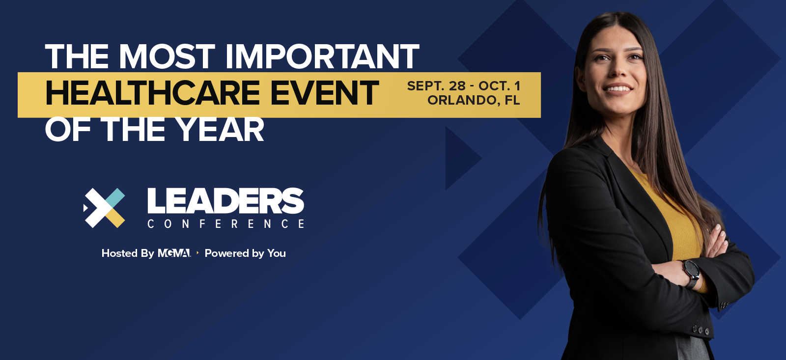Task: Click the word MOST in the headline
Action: click(x=167, y=56)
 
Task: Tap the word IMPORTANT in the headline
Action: click(x=322, y=56)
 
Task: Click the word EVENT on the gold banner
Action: click(x=325, y=93)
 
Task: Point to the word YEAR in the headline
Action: click(x=220, y=129)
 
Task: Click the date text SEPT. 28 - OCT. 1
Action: click(x=464, y=86)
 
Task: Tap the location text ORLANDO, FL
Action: click(x=474, y=100)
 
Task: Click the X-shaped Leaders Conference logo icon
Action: click(x=104, y=208)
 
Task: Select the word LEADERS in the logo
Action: click(x=225, y=201)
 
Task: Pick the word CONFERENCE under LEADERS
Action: click(x=225, y=224)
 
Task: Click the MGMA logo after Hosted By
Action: click(x=174, y=253)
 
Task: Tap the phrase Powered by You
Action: click(x=245, y=253)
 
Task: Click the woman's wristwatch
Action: click(x=692, y=273)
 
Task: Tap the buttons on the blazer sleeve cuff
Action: click(x=700, y=330)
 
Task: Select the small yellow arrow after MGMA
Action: click(x=198, y=252)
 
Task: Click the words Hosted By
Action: click(x=128, y=253)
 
